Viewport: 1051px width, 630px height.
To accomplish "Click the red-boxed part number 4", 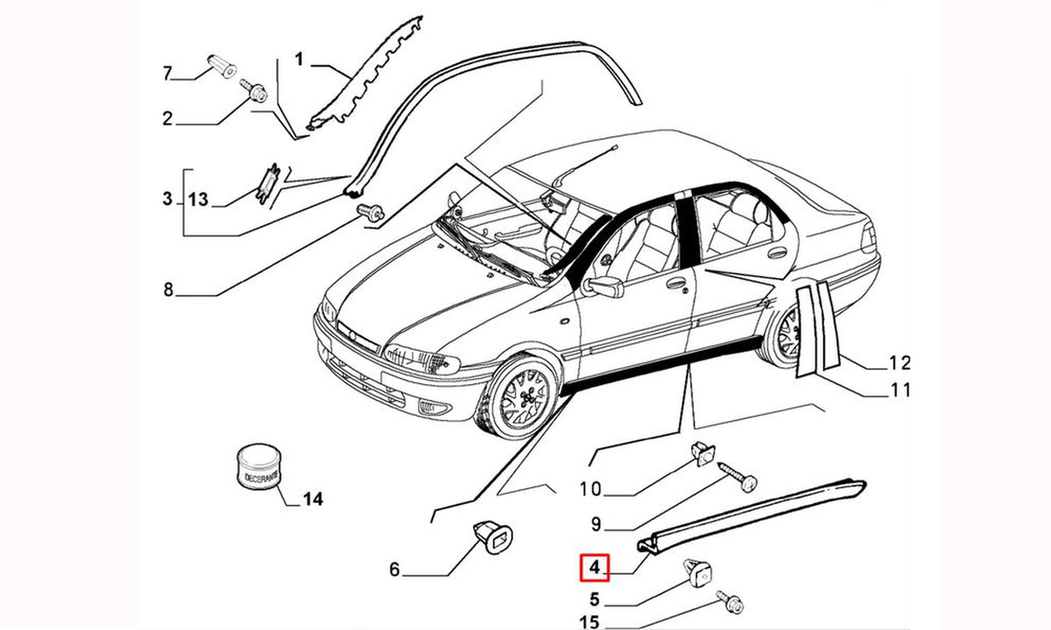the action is (595, 568).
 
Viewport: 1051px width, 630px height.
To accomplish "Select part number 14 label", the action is (313, 500).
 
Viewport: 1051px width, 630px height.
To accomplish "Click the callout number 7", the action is (167, 73).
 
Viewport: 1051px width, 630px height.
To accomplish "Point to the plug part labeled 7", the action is (222, 66).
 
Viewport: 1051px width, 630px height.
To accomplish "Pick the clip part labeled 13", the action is (267, 183).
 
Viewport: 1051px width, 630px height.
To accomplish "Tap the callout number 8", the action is (168, 290).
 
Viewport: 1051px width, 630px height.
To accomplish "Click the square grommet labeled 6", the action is (492, 536).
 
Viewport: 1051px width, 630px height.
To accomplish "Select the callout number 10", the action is (590, 489).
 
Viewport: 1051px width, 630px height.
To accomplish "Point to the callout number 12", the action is (900, 363).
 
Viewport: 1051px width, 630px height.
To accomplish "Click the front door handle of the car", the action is (675, 283).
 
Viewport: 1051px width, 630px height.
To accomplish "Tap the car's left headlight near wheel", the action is (421, 359).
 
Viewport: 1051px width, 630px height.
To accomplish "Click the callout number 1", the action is (299, 59).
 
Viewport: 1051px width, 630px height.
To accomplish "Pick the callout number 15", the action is (589, 622).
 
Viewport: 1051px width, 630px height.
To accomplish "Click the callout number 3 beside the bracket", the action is (167, 199).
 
